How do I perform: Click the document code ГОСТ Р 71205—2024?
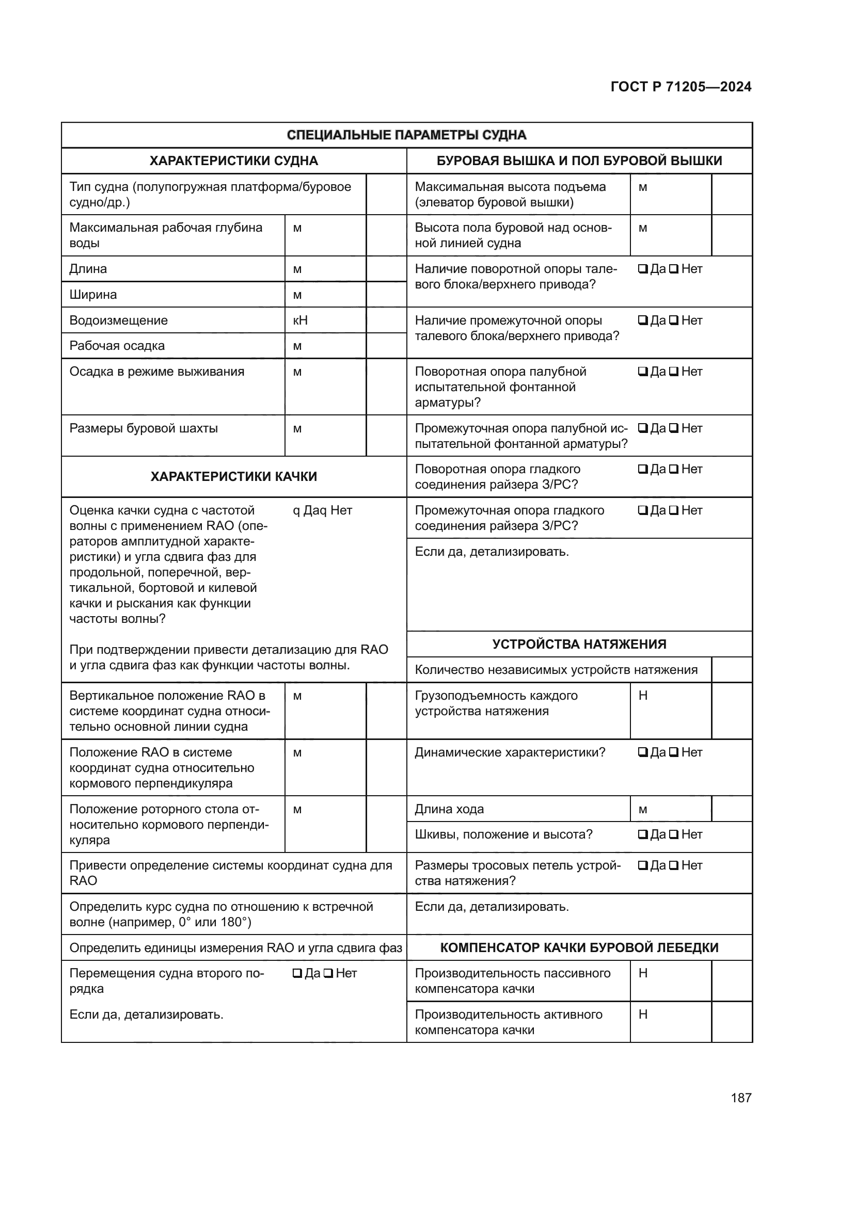click(x=681, y=87)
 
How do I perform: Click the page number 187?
click(x=741, y=1098)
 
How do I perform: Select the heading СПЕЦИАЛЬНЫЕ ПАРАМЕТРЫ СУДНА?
click(x=406, y=135)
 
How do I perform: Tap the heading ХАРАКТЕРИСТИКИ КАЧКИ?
click(x=233, y=477)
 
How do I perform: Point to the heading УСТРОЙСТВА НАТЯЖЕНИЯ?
click(x=579, y=644)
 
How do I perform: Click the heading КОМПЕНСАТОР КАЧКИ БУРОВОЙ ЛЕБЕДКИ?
click(x=579, y=947)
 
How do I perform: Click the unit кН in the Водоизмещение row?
click(x=301, y=320)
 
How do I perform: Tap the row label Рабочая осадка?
click(x=117, y=346)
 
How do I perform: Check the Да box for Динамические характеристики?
click(x=643, y=752)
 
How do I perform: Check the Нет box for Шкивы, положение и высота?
click(x=674, y=834)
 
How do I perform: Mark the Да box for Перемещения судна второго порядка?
click(x=297, y=974)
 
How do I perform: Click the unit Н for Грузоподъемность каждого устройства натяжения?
click(x=643, y=696)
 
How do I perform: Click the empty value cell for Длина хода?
click(x=732, y=809)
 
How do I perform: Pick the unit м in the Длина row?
click(x=297, y=269)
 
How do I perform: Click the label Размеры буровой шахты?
click(x=144, y=428)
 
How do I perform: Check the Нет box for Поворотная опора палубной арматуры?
click(x=674, y=372)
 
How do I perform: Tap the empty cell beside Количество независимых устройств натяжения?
click(x=732, y=670)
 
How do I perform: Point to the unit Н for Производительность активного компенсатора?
click(x=643, y=1015)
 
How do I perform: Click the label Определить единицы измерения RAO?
click(x=235, y=948)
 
